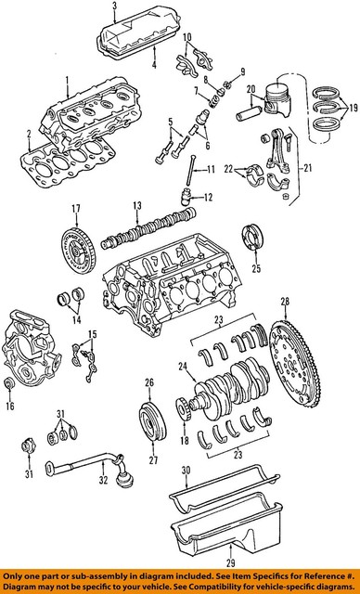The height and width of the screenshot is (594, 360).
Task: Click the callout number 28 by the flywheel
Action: [286, 301]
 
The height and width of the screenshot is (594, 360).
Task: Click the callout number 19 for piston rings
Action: [350, 107]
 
